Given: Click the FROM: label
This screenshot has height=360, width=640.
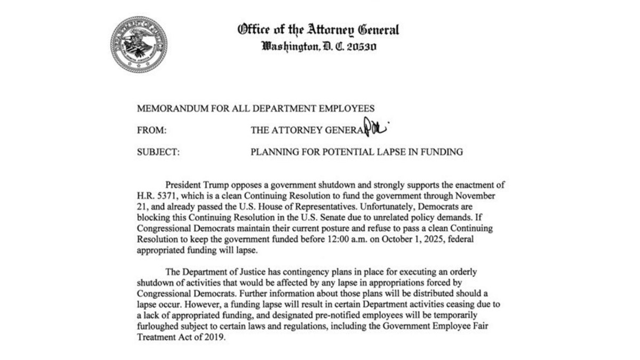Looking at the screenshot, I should click(x=151, y=130).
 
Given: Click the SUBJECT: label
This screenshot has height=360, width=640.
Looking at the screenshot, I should click(x=158, y=152).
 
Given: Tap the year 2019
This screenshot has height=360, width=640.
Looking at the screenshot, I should click(x=217, y=337).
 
